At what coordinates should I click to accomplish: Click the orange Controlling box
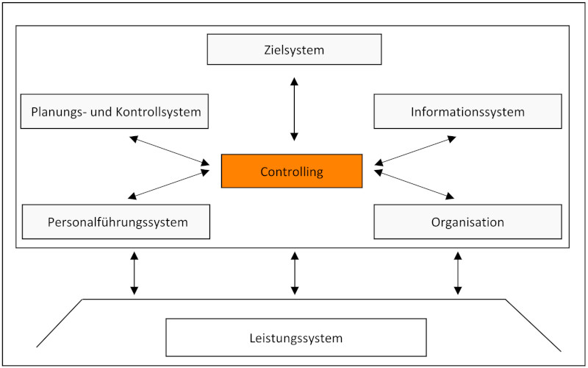[292, 171]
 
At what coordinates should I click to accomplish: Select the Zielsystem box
[294, 50]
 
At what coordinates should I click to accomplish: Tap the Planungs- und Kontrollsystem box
[115, 112]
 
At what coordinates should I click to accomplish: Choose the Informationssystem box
[467, 112]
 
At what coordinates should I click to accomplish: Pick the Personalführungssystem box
[116, 222]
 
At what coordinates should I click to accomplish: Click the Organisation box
[467, 222]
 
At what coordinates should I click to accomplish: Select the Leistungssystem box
[295, 338]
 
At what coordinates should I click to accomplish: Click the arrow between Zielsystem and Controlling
[295, 108]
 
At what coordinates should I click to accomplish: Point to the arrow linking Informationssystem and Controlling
[415, 150]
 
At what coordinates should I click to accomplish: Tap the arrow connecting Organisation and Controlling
[415, 184]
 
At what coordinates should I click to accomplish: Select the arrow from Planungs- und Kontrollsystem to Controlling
[169, 150]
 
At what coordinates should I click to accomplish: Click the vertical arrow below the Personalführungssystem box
[134, 273]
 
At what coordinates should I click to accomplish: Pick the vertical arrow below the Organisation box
[458, 273]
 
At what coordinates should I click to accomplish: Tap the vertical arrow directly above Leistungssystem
[295, 273]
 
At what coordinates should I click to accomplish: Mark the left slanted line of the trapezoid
[60, 323]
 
